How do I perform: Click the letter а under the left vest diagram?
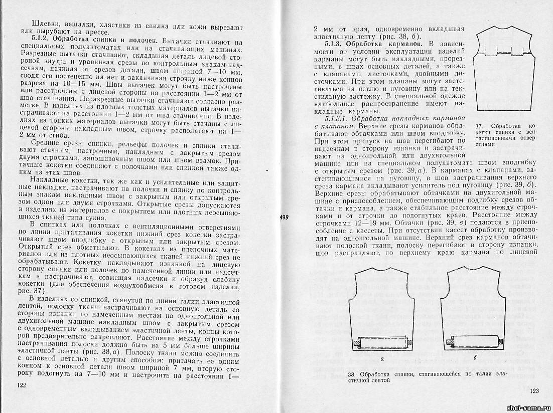click(x=382, y=359)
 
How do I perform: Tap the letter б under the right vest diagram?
click(x=474, y=359)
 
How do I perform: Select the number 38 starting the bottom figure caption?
click(x=351, y=375)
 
